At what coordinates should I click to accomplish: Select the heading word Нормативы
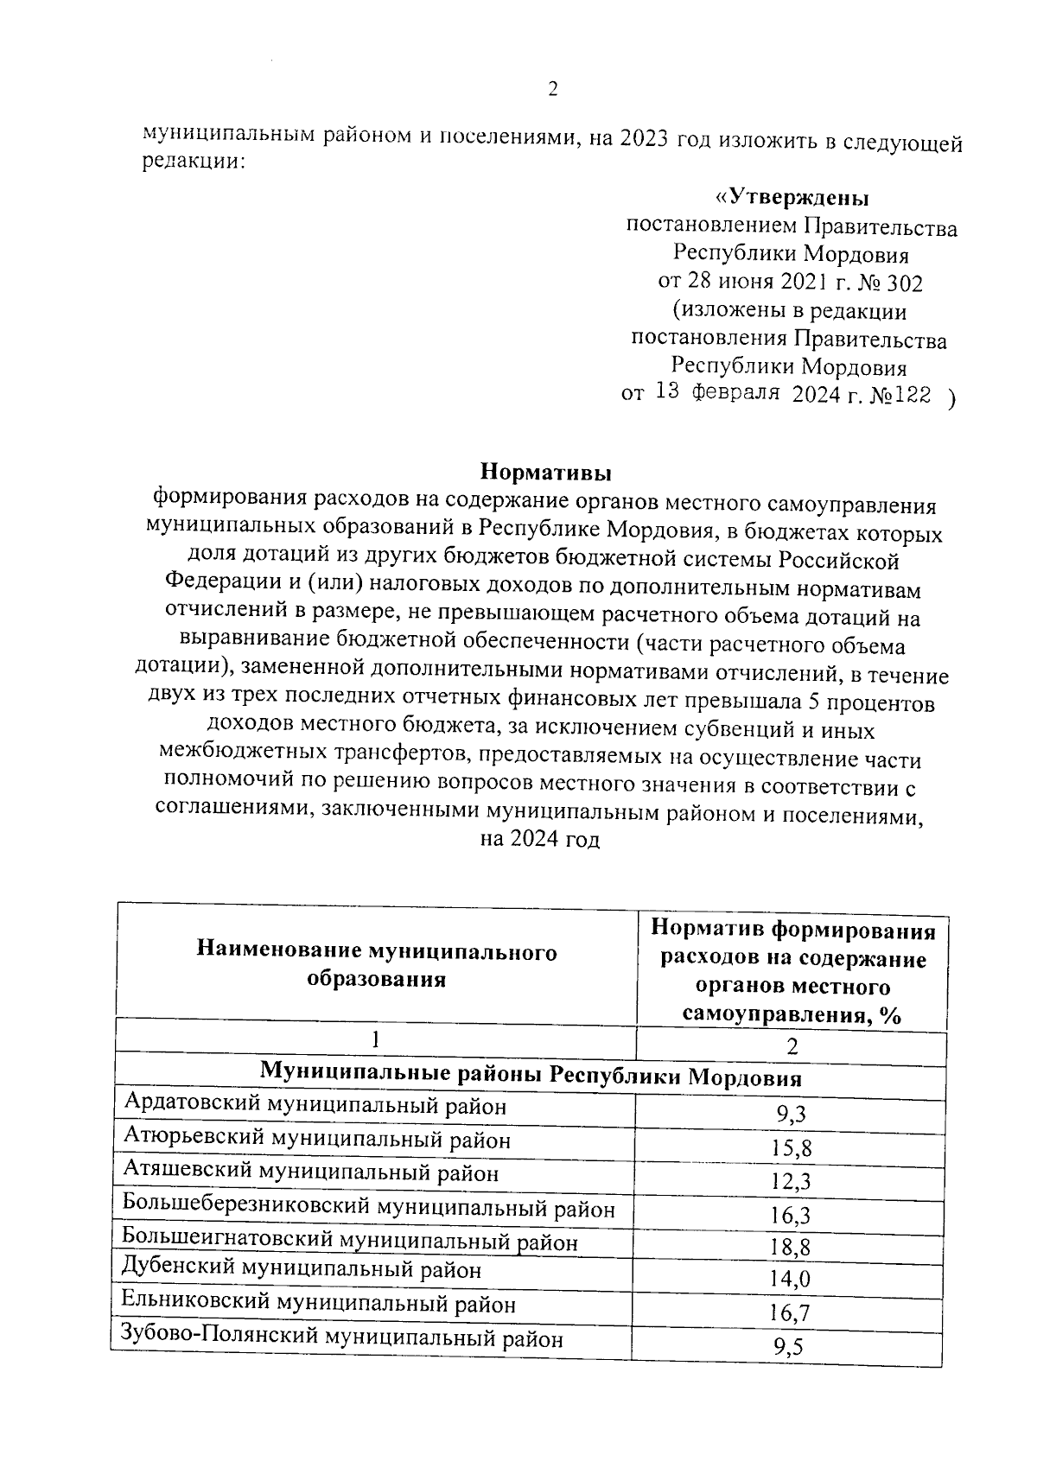pos(545,472)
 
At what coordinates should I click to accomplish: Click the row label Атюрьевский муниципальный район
pos(316,1139)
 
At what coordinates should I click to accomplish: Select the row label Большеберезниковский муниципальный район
pos(368,1207)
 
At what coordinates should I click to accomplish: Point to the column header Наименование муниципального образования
pos(377,965)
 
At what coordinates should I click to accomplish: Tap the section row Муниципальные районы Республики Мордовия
pos(531,1077)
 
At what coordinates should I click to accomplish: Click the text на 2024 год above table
pos(538,839)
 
